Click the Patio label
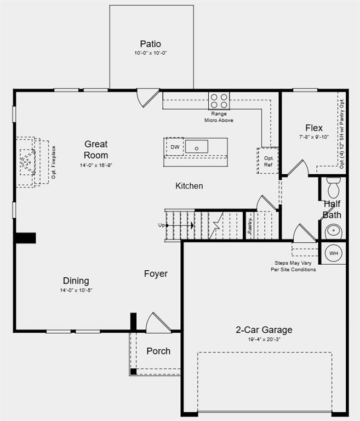[150, 44]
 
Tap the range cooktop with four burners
[219, 100]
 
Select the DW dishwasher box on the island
[175, 147]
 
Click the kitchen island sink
[196, 146]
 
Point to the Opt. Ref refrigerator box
[268, 161]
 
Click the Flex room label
[314, 128]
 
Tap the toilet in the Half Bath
[333, 187]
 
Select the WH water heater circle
[334, 253]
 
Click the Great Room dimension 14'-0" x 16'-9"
[96, 165]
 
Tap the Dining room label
[76, 281]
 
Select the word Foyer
[156, 274]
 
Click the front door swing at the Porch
[157, 322]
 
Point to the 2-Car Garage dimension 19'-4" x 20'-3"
[264, 339]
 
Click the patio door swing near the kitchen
[147, 98]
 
